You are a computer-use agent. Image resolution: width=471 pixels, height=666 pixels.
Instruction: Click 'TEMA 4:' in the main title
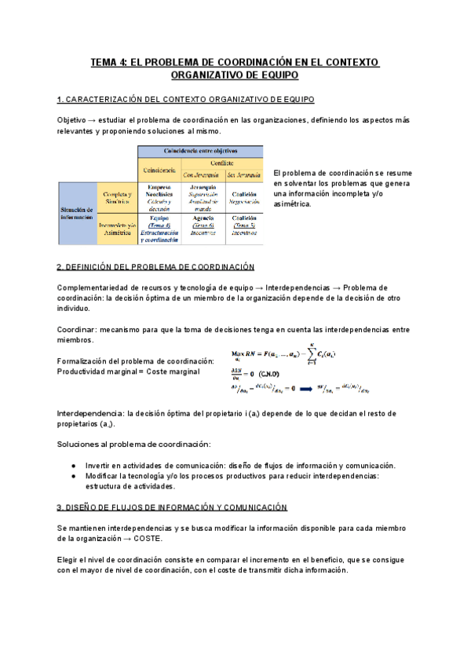[x=110, y=62]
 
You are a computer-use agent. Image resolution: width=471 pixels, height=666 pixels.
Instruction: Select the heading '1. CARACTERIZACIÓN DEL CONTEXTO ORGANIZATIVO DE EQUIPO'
[x=186, y=100]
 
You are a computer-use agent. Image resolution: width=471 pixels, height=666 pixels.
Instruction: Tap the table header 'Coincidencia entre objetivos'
[x=200, y=151]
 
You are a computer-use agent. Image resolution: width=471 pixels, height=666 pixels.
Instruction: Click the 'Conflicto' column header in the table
[x=221, y=163]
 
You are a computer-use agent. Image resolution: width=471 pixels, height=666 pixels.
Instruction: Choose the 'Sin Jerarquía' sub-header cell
[x=244, y=174]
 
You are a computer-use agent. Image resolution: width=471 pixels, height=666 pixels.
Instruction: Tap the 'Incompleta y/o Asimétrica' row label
[x=116, y=229]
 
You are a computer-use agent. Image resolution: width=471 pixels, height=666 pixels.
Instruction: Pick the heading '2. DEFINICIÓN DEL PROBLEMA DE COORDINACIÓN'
[x=156, y=267]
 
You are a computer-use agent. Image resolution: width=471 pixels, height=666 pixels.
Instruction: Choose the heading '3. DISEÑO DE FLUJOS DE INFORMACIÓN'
[x=172, y=507]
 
